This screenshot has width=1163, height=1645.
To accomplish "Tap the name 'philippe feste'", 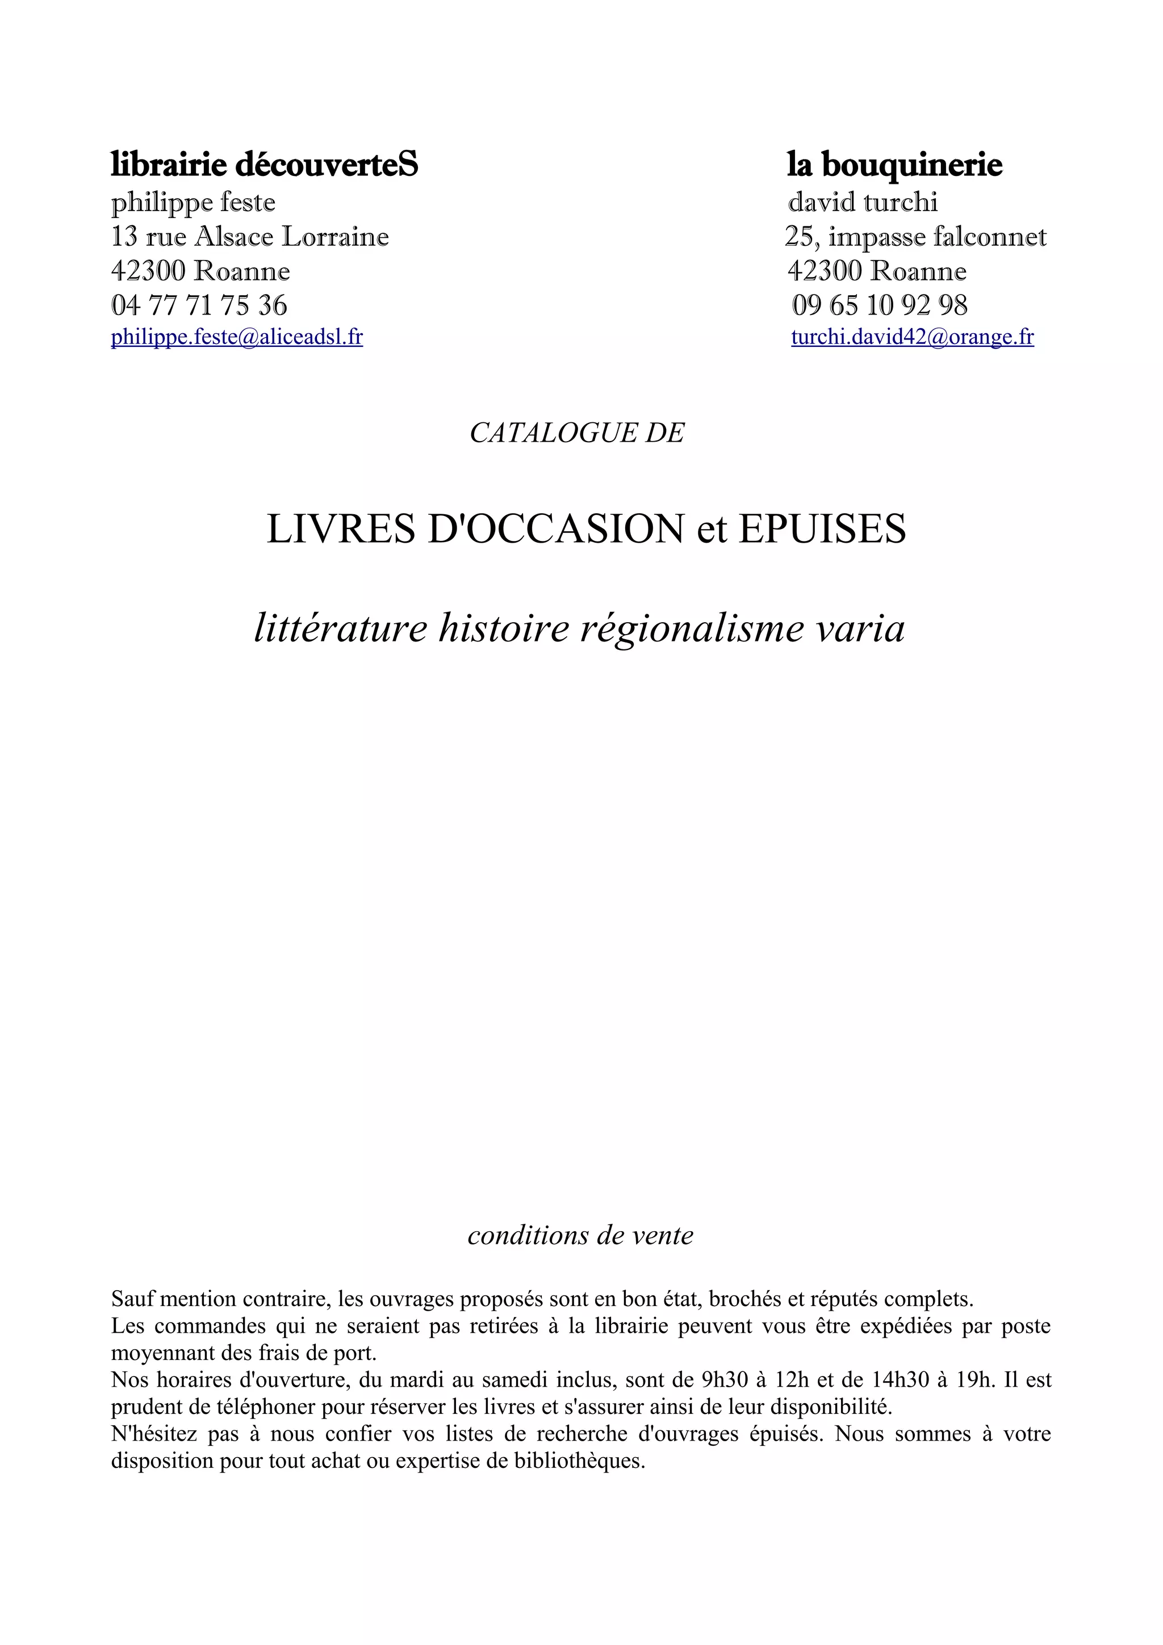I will point(193,202).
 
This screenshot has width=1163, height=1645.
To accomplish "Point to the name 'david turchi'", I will point(863,202).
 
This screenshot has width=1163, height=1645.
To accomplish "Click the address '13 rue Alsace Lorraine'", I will point(250,237).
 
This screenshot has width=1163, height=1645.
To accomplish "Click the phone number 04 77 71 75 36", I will point(199,305).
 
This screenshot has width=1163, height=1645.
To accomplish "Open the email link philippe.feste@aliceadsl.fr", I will point(236,337).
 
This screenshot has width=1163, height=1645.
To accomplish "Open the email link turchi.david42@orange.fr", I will point(912,337).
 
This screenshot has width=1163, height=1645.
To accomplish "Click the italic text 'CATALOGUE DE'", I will point(577,433).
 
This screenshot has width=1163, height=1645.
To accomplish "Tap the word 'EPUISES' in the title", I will point(822,529).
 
